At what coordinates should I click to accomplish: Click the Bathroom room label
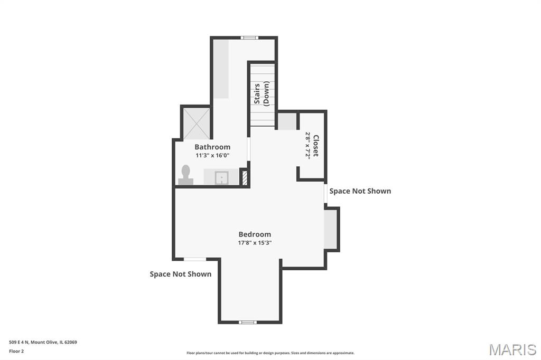212,147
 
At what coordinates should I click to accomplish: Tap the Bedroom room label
255,234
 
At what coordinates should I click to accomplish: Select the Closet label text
315,146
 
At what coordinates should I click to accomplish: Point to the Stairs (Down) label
261,93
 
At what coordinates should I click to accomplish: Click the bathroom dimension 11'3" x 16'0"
212,156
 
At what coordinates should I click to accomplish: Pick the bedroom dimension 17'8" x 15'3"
255,243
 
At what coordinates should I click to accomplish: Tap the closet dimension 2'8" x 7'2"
307,145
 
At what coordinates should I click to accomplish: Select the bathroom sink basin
221,178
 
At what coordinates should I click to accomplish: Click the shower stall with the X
196,124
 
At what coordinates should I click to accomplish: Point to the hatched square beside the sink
245,178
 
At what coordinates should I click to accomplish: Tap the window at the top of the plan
249,38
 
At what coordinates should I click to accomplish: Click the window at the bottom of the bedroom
248,322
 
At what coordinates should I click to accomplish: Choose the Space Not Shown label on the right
360,191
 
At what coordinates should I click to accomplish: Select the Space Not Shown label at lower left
181,274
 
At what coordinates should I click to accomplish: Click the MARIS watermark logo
512,349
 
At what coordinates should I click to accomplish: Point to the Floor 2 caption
16,352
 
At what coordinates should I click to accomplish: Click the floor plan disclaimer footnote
270,353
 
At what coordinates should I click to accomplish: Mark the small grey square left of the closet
287,121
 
